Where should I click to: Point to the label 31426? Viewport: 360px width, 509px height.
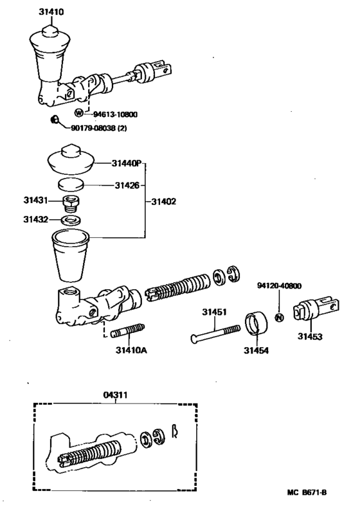[x=127, y=186]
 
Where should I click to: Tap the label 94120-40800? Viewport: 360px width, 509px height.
[x=280, y=286]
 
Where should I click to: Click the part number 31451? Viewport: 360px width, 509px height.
[x=215, y=312]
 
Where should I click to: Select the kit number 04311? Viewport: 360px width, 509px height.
[x=116, y=395]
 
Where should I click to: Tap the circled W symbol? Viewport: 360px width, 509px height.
[x=78, y=114]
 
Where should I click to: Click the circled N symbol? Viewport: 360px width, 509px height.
[x=279, y=318]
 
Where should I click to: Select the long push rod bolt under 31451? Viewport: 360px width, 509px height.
[x=215, y=333]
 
